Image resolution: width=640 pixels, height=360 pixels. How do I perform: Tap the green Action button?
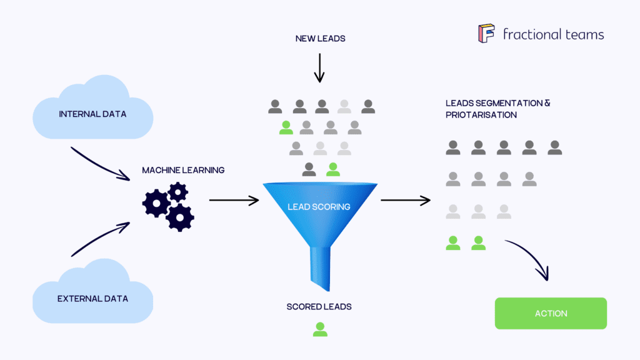tap(551, 313)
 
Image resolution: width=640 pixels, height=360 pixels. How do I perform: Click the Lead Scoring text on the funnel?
tap(319, 206)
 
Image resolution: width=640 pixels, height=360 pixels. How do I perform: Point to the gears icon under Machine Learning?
tap(168, 205)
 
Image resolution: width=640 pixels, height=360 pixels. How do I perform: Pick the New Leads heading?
tap(320, 39)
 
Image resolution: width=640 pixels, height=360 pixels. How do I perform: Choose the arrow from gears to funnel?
tap(233, 201)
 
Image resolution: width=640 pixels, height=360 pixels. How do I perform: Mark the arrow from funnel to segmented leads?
tap(405, 201)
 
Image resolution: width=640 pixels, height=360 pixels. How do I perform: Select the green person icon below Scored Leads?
tap(320, 329)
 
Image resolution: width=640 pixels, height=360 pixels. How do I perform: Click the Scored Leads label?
tap(319, 307)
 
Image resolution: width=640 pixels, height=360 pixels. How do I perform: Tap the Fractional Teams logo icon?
tap(486, 34)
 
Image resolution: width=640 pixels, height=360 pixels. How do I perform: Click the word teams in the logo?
tap(583, 34)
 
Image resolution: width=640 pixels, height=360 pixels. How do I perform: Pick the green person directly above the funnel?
tap(333, 169)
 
